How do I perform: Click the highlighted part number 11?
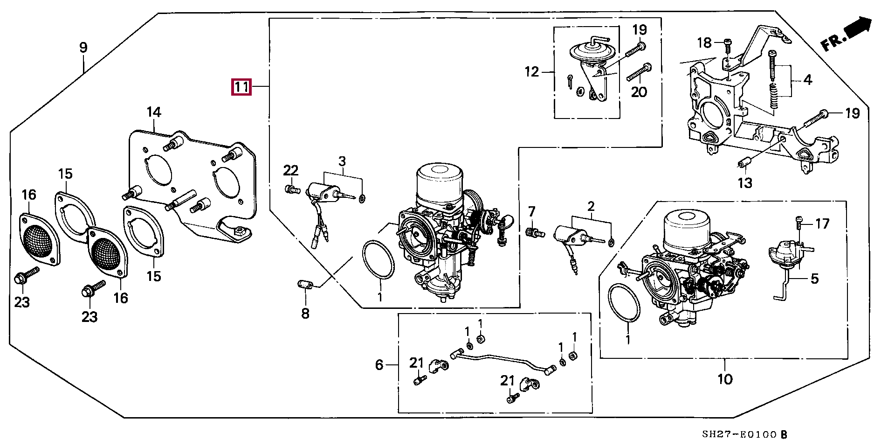[x=241, y=87]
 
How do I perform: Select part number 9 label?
[x=83, y=48]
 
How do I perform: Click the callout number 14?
[x=154, y=112]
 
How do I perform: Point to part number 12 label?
[x=531, y=72]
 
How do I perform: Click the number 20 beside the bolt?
[x=639, y=92]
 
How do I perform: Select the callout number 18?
[x=704, y=43]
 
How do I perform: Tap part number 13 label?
[x=745, y=183]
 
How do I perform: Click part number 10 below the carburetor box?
[x=725, y=379]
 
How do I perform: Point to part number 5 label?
[x=814, y=279]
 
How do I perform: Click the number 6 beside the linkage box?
[x=379, y=365]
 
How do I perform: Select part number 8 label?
[x=305, y=314]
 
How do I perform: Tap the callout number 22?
[x=290, y=170]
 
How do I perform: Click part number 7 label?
[x=532, y=211]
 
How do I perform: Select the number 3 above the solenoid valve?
[x=342, y=161]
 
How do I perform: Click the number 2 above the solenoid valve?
[x=591, y=206]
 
